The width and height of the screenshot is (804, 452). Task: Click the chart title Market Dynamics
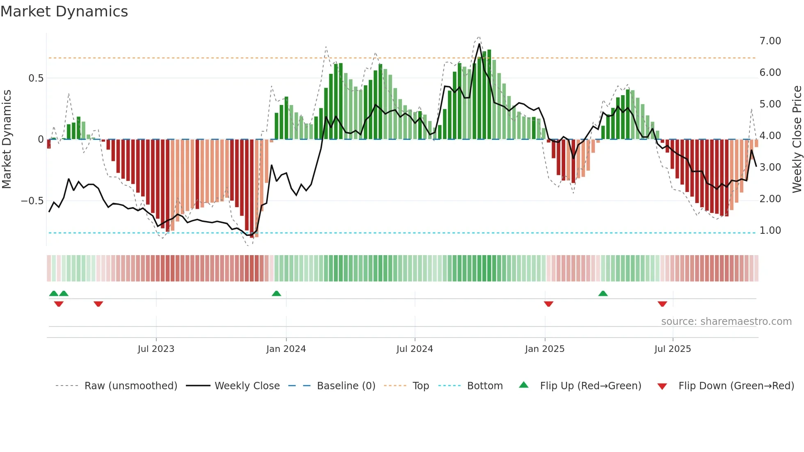[64, 11]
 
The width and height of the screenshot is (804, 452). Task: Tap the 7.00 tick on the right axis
[770, 41]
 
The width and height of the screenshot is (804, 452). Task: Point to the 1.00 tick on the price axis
[770, 231]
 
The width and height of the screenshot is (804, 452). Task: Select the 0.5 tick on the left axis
[36, 78]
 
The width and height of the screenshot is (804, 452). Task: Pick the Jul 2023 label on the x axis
[156, 349]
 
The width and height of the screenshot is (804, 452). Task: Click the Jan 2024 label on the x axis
[286, 349]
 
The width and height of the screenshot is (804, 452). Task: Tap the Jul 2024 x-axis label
[414, 349]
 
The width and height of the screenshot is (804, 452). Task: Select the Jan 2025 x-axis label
[544, 349]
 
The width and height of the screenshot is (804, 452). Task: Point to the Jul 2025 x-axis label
[672, 349]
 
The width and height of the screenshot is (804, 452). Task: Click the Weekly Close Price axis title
[797, 139]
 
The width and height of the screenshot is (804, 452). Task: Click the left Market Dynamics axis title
[7, 139]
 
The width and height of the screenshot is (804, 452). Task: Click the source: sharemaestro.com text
[726, 322]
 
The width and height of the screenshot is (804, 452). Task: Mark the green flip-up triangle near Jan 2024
[276, 294]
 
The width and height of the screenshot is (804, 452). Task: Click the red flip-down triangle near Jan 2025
[548, 304]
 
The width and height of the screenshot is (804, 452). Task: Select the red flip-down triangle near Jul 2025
[662, 304]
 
